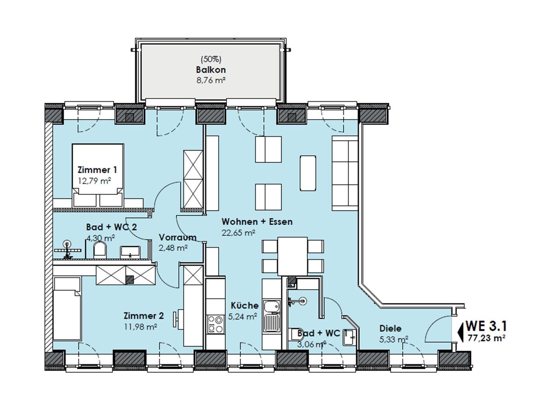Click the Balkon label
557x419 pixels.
(211, 70)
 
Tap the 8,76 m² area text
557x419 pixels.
(211, 80)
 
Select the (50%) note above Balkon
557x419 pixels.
(211, 59)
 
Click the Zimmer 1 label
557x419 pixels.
(97, 170)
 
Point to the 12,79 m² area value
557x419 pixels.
(95, 181)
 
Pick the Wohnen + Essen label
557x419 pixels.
(257, 221)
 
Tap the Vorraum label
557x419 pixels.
(178, 237)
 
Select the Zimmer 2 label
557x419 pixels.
(144, 315)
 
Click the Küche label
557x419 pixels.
(244, 305)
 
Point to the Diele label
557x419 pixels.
(390, 329)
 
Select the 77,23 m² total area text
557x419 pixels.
(486, 338)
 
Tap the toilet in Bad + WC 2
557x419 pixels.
(99, 250)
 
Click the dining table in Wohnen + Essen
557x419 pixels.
(292, 256)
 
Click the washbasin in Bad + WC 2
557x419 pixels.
(130, 252)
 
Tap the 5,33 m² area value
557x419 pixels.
(394, 339)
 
